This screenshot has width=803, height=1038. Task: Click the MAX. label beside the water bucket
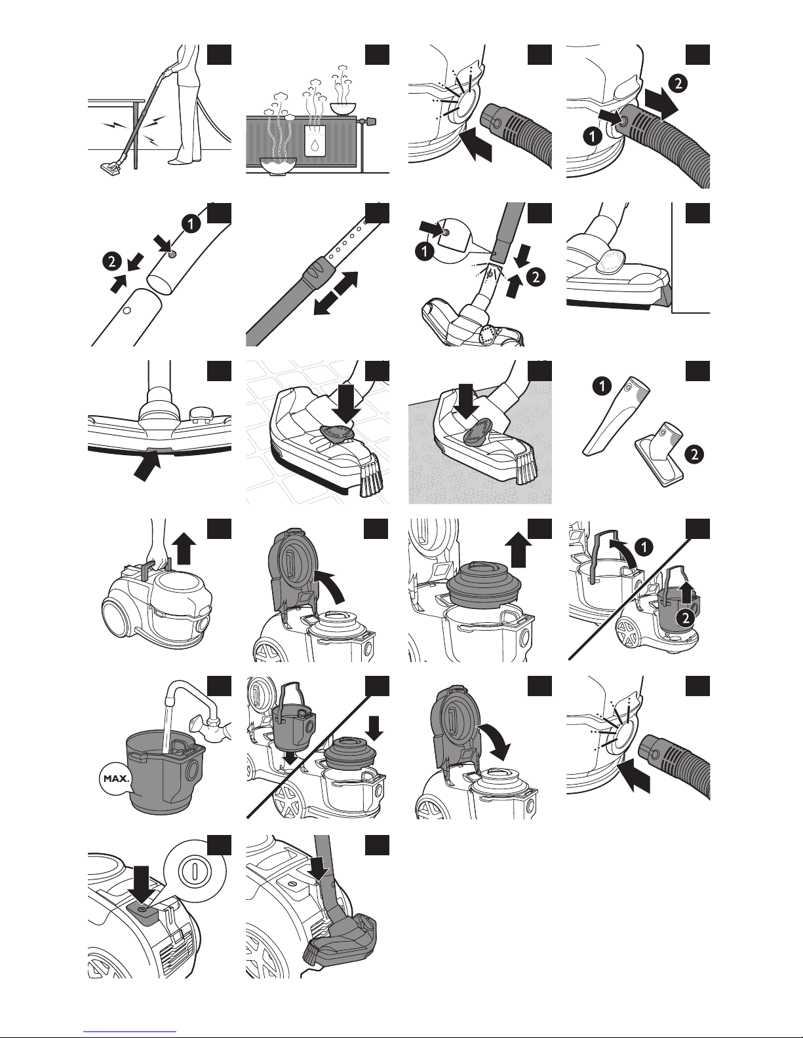click(116, 779)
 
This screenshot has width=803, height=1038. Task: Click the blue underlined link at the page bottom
click(130, 1031)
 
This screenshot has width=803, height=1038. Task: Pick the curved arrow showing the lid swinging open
click(330, 585)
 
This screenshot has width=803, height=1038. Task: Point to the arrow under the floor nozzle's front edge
click(147, 467)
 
